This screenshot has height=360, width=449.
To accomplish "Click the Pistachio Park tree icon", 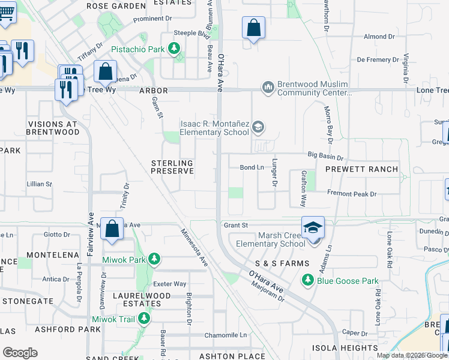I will point(175,48).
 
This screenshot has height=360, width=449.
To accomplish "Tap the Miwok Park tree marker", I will point(154,259).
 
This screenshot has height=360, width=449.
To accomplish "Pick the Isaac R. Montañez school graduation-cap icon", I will point(258,127).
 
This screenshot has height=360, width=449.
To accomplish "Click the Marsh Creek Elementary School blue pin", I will point(313,228).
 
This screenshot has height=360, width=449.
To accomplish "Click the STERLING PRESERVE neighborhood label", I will point(172,167).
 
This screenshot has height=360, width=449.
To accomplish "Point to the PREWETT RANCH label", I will point(361,169).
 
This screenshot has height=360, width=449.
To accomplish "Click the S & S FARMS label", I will point(282,264).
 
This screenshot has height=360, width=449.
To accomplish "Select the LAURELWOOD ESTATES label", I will point(133,299).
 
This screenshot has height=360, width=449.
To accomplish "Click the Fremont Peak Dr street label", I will point(351,194).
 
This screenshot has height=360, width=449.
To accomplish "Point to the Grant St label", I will point(236,226).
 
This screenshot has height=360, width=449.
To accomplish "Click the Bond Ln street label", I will point(252,167).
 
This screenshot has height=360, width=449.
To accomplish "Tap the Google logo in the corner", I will point(20,353).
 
